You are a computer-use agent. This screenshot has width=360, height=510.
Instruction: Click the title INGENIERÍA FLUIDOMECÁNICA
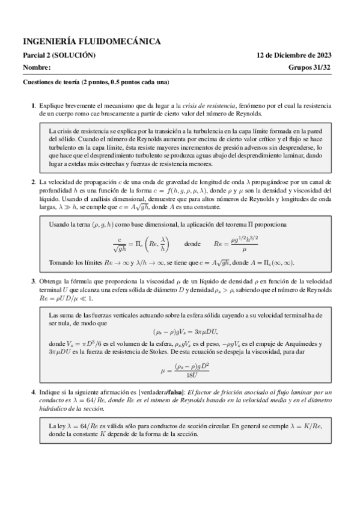tap(91, 41)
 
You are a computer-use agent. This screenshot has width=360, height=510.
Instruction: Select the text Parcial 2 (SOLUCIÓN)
tap(59, 55)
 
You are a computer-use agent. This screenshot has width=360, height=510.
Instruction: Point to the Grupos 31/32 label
tap(314, 67)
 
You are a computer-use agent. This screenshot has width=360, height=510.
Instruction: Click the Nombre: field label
tap(37, 67)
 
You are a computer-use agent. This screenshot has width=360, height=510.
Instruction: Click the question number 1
tap(33, 105)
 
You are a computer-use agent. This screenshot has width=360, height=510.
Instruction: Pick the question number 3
tap(33, 281)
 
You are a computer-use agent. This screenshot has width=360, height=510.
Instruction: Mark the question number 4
tap(33, 375)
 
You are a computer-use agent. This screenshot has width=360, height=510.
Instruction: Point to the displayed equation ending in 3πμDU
tap(180, 331)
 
